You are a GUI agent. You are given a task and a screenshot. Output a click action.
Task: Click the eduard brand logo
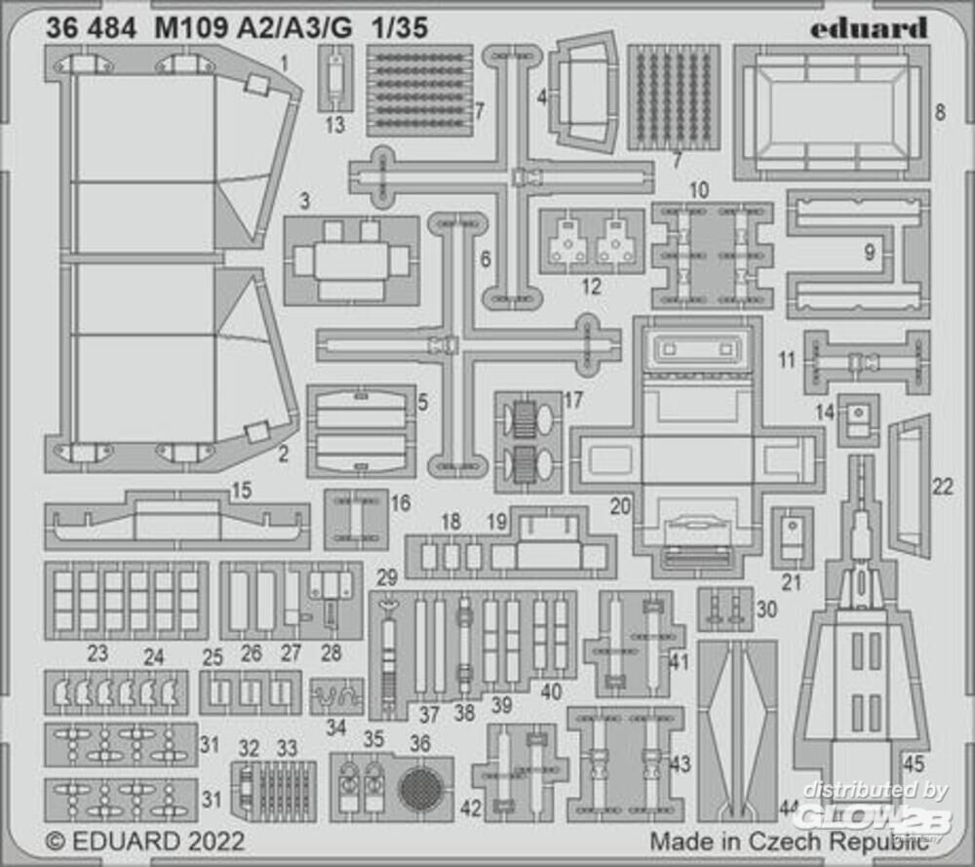[869, 28]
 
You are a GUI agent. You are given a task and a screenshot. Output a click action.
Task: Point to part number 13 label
[335, 124]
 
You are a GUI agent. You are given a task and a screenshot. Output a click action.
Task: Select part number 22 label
[942, 487]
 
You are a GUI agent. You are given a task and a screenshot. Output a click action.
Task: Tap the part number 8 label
[940, 113]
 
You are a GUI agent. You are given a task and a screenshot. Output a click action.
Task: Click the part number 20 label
[621, 506]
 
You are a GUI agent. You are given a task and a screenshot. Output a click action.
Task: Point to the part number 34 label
[336, 728]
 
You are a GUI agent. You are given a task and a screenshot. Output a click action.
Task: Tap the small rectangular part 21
[793, 536]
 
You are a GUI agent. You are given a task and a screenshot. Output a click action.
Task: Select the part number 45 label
[915, 765]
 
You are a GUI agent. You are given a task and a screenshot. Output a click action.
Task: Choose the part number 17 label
[573, 401]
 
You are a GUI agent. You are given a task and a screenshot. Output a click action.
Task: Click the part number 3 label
[305, 202]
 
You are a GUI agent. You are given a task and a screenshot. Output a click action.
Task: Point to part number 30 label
[766, 609]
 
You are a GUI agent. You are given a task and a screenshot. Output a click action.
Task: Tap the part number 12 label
[591, 288]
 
